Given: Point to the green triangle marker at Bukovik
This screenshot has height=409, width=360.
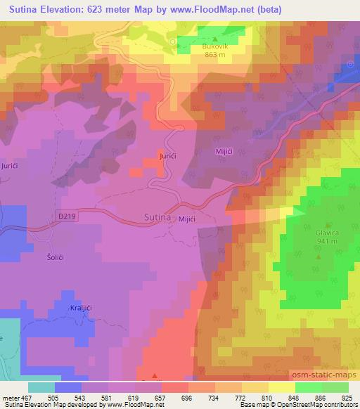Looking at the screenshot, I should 215,39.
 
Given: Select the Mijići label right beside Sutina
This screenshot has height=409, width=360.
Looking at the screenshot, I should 186,221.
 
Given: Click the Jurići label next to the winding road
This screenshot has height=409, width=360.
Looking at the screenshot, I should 167,155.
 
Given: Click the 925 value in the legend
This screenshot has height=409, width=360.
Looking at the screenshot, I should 347,397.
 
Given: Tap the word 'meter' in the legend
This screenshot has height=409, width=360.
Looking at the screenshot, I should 11,397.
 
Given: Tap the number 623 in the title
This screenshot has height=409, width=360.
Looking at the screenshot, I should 110,8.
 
